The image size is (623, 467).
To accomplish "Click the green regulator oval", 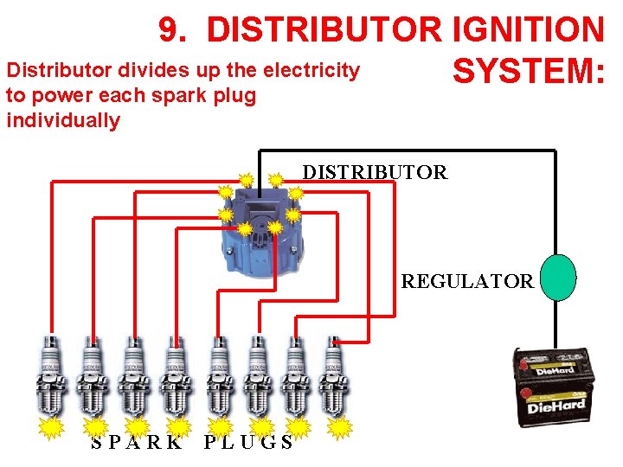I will click(558, 277).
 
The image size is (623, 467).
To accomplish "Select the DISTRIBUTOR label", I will click(375, 172).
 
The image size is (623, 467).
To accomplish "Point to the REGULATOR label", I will click(467, 281).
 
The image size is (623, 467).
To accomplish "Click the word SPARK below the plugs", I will click(137, 443).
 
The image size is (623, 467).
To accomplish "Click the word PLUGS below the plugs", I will click(248, 443).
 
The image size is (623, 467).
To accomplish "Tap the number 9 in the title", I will click(171, 30).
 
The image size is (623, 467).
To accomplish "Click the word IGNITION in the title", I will click(528, 30).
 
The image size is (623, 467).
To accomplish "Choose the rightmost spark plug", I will click(333, 376).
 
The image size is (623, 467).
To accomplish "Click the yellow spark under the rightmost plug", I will click(342, 427).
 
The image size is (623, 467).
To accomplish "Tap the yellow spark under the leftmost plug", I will click(53, 427).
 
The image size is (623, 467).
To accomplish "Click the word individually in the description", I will click(63, 120).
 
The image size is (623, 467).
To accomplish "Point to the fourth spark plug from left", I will click(176, 376).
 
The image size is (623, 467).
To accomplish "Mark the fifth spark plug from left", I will click(220, 376).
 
